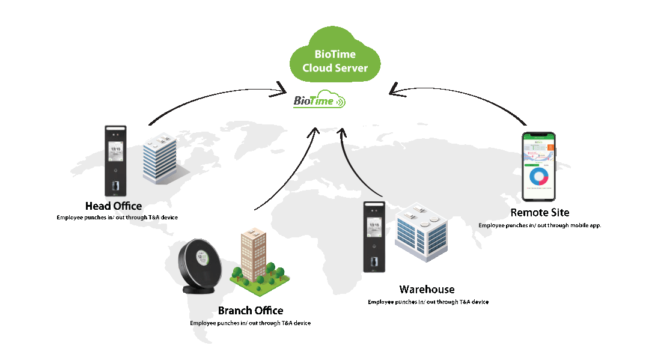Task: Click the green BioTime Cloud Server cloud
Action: pyautogui.click(x=335, y=60)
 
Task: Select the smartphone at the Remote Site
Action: pyautogui.click(x=538, y=166)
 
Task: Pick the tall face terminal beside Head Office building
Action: pyautogui.click(x=115, y=160)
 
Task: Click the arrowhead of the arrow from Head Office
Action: pyautogui.click(x=282, y=91)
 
